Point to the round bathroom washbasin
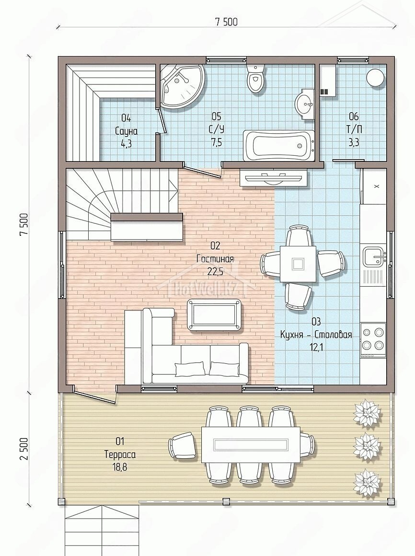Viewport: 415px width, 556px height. tap(304, 104)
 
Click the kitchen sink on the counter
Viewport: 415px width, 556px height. tap(374, 256)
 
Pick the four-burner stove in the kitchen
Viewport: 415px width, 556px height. tap(373, 339)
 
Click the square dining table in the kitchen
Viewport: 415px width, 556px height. tap(298, 264)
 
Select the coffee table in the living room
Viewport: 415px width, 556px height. tap(215, 314)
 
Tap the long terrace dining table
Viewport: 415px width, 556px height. tap(251, 444)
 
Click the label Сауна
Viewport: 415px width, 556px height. tap(126, 131)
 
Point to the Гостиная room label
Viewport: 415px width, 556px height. tap(215, 259)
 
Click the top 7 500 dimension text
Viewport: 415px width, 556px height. tap(226, 22)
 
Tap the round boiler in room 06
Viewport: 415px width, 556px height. tap(375, 78)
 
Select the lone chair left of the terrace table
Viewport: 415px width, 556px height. tap(183, 445)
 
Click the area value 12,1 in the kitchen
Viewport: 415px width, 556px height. tap(316, 347)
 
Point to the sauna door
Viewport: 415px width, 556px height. tap(161, 121)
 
